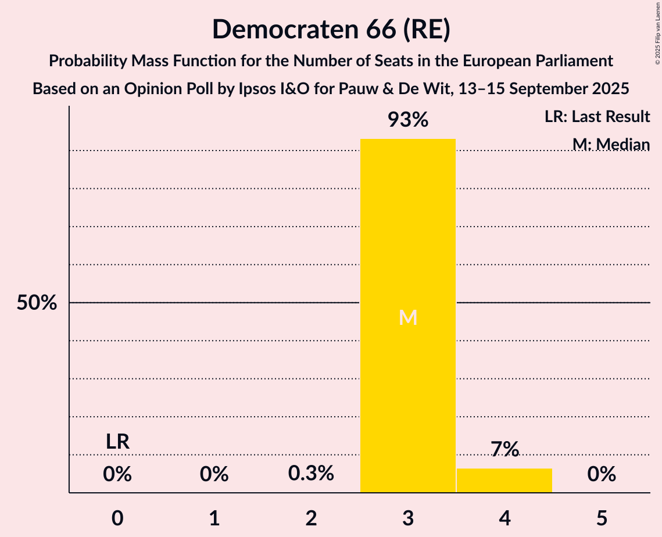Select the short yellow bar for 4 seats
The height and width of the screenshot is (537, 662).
504,481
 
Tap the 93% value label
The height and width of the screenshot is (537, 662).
408,120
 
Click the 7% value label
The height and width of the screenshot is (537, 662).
504,449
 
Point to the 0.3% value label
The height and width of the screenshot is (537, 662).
311,474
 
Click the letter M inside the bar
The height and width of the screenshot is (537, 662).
408,317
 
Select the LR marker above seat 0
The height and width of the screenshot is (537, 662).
117,442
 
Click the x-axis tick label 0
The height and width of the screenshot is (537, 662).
117,518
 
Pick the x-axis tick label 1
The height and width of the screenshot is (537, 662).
214,518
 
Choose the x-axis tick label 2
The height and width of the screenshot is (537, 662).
311,518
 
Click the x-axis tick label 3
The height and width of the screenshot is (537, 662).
408,518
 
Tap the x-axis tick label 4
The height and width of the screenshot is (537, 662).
504,518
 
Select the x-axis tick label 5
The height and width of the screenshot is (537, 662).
602,518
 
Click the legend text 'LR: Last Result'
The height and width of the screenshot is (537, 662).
597,117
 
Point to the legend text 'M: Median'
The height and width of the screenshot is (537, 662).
611,144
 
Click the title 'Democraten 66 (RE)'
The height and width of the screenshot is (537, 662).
331,29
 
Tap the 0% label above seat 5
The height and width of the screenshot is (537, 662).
602,475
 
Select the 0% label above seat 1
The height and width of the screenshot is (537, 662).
214,475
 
